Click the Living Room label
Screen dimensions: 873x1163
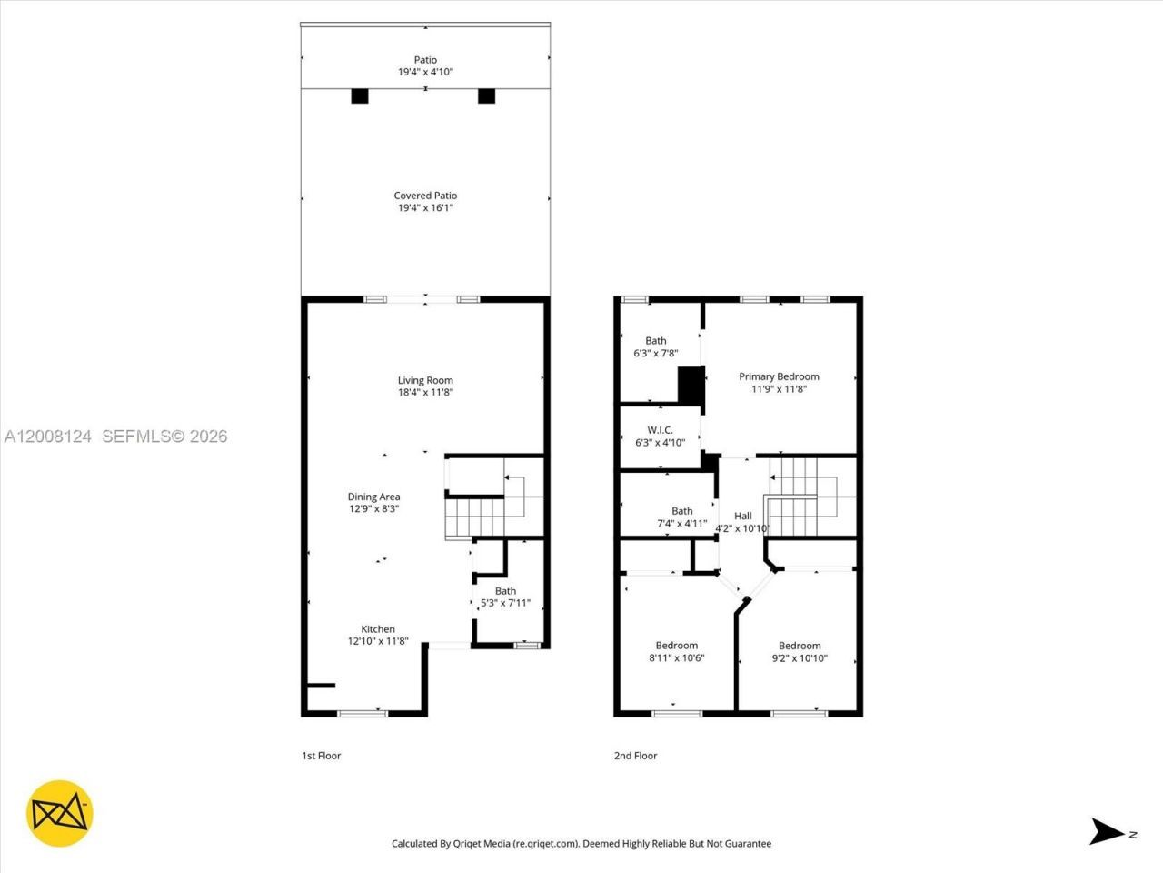(x=425, y=381)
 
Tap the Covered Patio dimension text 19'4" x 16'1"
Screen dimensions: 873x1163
(x=425, y=208)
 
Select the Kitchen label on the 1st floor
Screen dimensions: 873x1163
(x=378, y=629)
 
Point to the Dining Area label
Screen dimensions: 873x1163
(x=373, y=497)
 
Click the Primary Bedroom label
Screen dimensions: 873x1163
(x=779, y=376)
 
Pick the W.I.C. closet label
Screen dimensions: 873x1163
(x=660, y=430)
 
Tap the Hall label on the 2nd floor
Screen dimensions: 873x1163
(x=742, y=516)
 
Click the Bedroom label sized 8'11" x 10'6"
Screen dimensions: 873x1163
(x=676, y=646)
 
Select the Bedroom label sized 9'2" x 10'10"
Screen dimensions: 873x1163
(x=800, y=646)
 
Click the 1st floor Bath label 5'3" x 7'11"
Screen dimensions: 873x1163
(x=505, y=591)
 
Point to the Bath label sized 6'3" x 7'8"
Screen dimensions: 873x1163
(x=655, y=341)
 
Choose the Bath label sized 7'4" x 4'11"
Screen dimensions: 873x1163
(x=681, y=511)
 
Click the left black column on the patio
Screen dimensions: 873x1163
(x=360, y=95)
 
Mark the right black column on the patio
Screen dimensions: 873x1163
(x=486, y=95)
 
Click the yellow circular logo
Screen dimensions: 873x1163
(x=60, y=813)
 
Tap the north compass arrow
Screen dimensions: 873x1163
(x=1108, y=831)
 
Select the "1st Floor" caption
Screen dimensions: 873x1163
(x=321, y=756)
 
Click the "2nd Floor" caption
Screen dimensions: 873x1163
(x=635, y=756)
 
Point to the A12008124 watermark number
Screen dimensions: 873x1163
(x=48, y=436)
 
